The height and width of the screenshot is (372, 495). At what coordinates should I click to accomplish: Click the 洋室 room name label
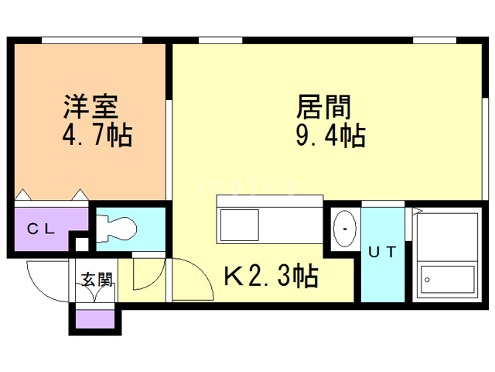tap(91, 107)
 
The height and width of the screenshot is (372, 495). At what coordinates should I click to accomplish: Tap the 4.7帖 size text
tap(97, 135)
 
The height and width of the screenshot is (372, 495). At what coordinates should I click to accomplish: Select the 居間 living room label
tap(323, 107)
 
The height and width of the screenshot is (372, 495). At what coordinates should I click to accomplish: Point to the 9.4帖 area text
tap(330, 135)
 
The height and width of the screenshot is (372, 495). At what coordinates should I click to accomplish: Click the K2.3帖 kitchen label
tap(271, 276)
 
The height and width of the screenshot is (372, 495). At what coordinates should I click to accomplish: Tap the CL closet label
tap(41, 229)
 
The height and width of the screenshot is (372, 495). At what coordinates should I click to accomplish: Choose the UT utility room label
tap(382, 252)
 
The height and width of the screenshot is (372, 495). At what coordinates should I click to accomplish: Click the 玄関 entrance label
tap(97, 279)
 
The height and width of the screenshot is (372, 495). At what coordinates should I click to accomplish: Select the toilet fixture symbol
tap(116, 229)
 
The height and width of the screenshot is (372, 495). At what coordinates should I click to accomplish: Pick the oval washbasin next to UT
tap(345, 229)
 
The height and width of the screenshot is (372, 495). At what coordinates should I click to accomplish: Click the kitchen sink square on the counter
tap(240, 225)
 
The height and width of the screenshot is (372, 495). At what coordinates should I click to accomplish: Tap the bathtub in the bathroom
tap(447, 280)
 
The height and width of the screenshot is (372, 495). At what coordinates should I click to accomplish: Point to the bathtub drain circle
tap(427, 280)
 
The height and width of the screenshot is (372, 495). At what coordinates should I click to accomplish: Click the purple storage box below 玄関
tap(95, 319)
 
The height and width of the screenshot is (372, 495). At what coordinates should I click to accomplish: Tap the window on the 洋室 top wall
tap(92, 40)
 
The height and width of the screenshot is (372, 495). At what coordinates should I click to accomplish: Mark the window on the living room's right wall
tap(485, 149)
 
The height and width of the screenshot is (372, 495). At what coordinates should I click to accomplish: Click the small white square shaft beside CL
tap(82, 244)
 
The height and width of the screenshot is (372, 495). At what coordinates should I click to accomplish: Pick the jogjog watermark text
tap(246, 186)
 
